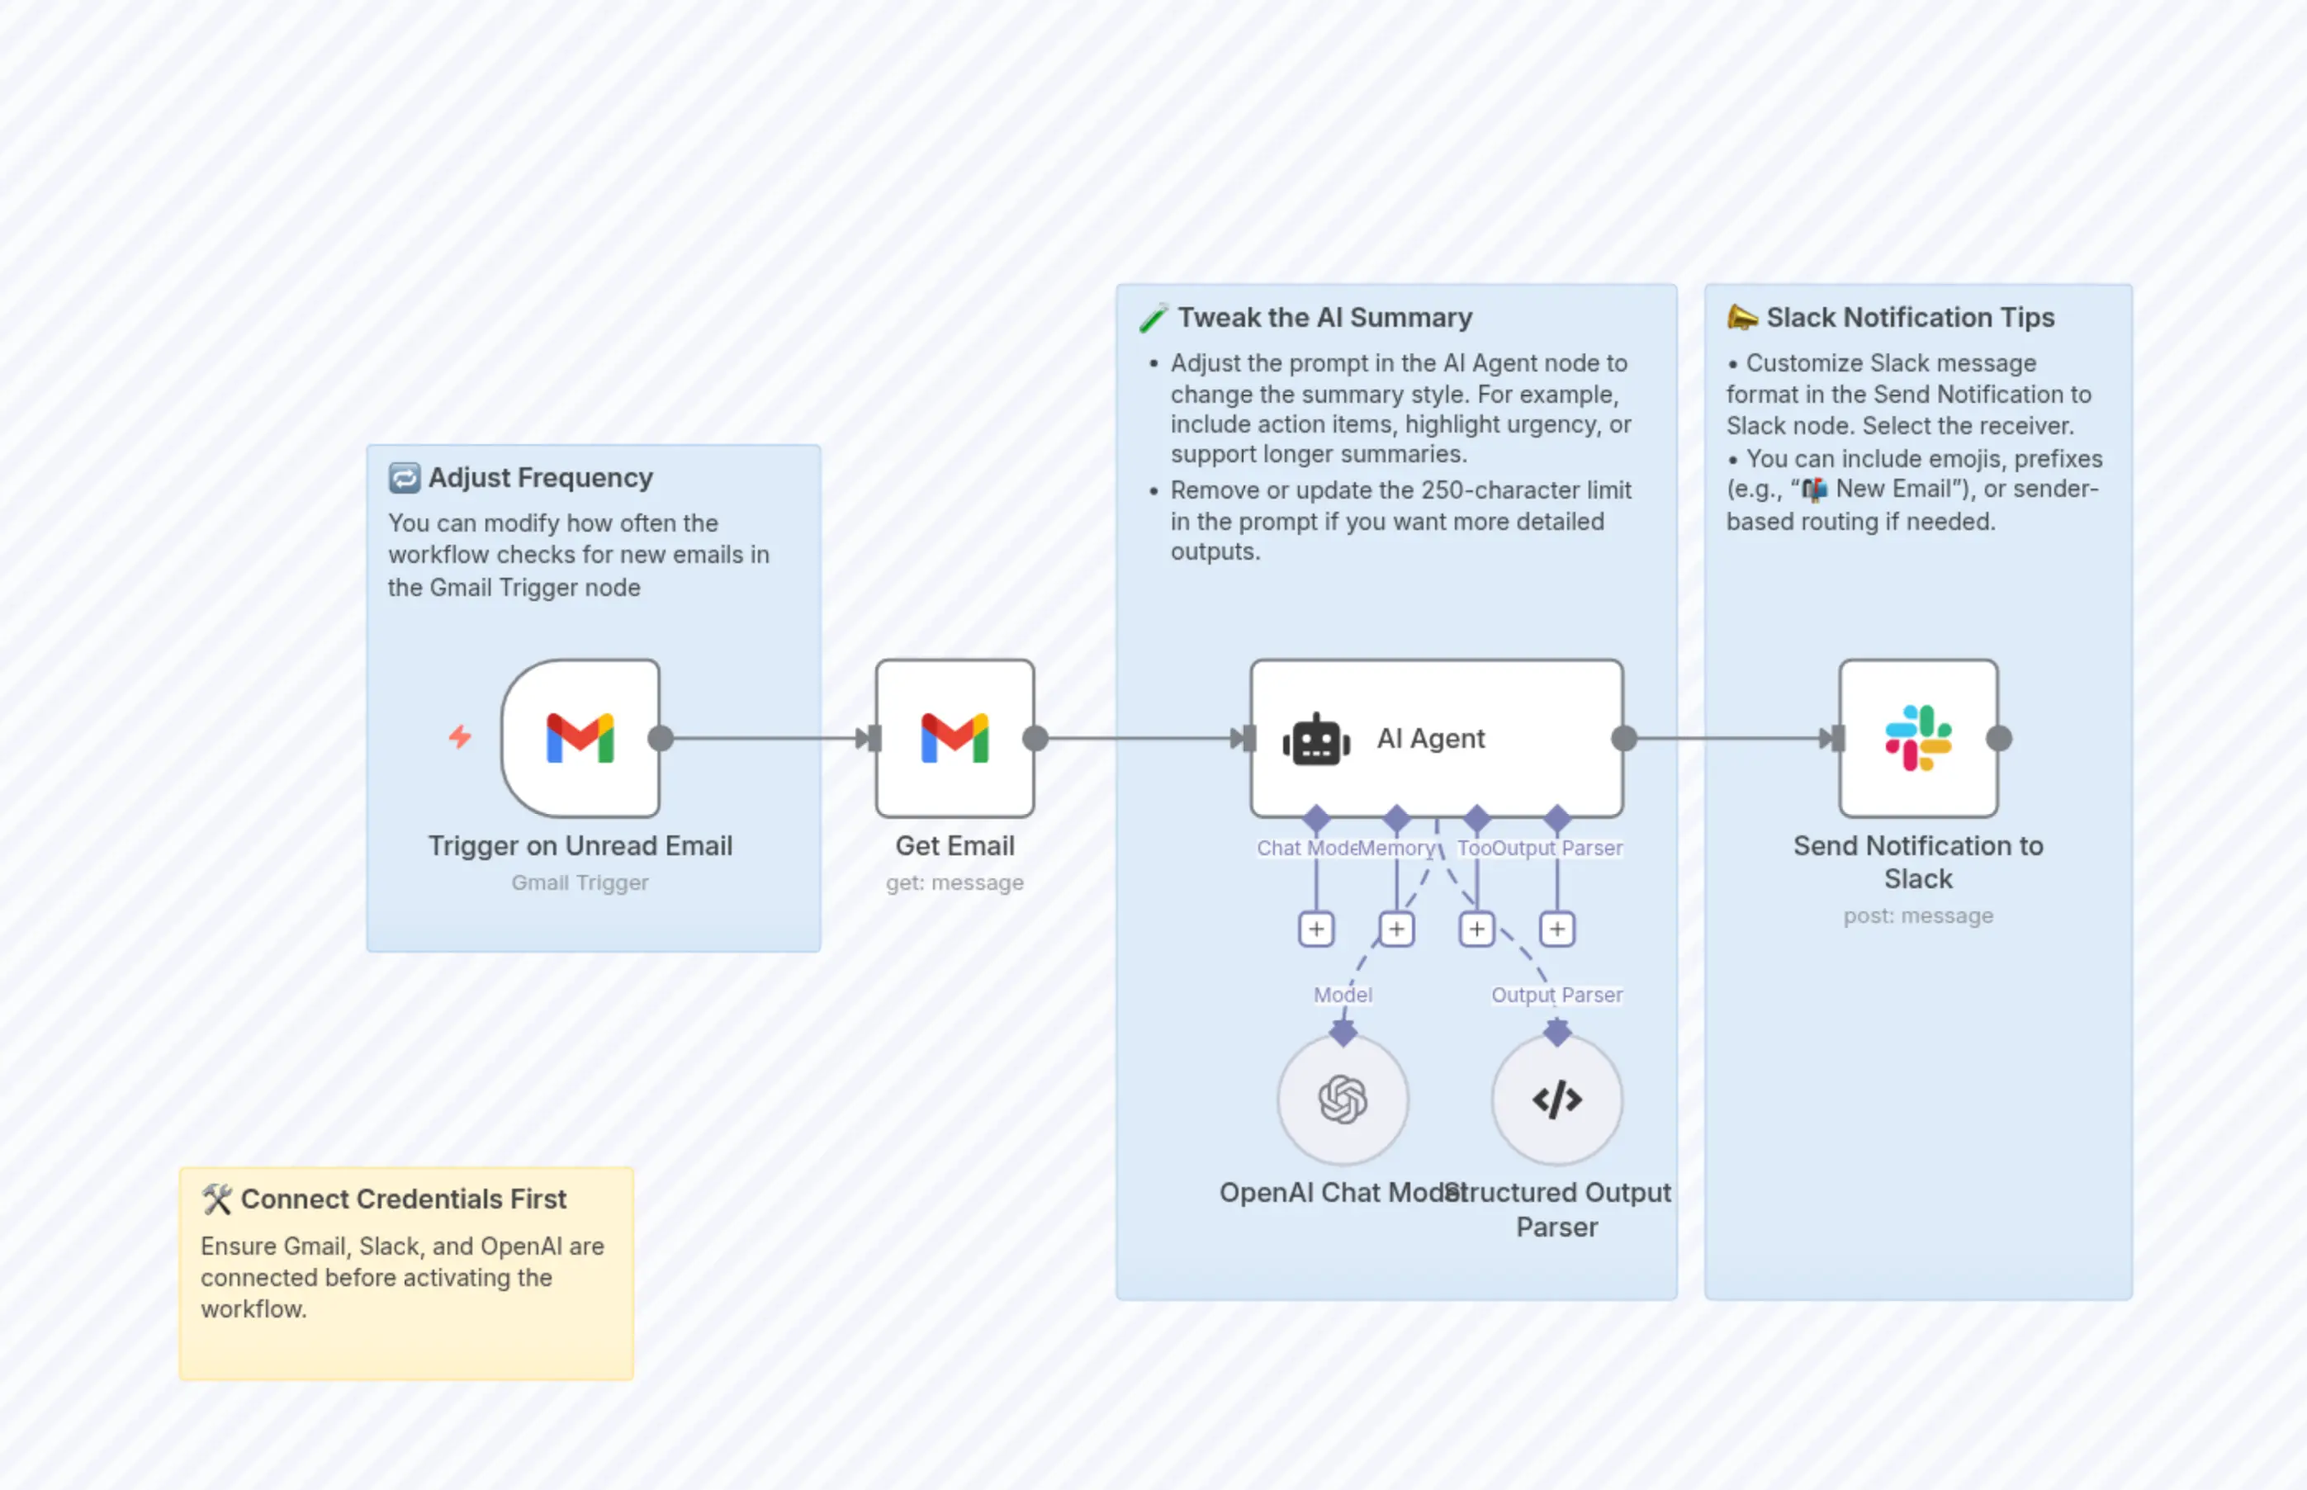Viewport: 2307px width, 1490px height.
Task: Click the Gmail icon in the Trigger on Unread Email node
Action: pos(580,738)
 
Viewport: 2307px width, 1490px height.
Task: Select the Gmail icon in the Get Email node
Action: pos(955,738)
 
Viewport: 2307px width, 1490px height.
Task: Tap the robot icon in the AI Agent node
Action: pos(1316,740)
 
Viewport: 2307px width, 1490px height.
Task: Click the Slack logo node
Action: pos(1918,738)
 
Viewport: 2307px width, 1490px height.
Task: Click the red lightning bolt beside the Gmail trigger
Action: pos(460,737)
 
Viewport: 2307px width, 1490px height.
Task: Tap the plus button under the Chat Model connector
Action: pos(1316,929)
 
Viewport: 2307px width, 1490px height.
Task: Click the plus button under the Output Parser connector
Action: pos(1556,929)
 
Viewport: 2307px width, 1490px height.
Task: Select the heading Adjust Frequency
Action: pos(540,478)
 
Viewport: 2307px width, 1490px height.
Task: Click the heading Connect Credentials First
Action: pos(403,1199)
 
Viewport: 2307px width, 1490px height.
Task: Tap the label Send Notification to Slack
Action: pos(1918,862)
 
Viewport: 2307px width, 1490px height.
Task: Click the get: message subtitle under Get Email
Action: pos(955,882)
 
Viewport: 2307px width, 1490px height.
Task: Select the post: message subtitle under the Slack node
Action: pos(1918,915)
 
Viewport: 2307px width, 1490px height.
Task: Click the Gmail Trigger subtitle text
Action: pos(580,882)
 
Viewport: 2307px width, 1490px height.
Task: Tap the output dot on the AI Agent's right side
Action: pos(1624,739)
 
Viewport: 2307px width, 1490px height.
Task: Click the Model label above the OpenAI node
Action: pos(1343,995)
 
